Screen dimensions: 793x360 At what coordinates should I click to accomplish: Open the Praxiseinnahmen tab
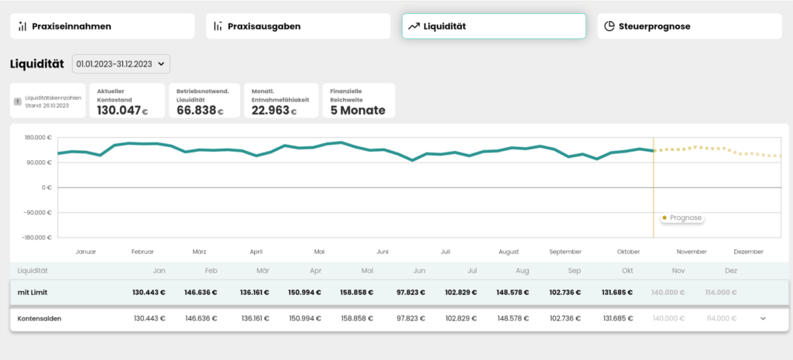(x=102, y=26)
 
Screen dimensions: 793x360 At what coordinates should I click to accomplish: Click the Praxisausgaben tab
(x=298, y=26)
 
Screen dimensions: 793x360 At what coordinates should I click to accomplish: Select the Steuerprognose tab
(x=690, y=26)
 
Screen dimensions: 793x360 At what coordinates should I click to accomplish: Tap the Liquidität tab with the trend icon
(x=494, y=26)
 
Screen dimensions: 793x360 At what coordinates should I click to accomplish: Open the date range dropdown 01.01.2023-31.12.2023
(x=122, y=63)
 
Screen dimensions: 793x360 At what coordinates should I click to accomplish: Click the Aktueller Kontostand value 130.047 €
(x=122, y=110)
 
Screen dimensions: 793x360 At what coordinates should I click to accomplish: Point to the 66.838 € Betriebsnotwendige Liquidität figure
(x=200, y=110)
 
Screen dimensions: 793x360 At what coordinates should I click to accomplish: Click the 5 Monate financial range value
(x=358, y=110)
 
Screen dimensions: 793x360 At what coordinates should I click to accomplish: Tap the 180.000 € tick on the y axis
(x=39, y=138)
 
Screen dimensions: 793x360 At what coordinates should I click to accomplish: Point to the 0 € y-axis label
(x=47, y=187)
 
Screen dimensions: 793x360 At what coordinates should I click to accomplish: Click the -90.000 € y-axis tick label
(x=38, y=212)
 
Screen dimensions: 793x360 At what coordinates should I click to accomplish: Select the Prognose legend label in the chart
(x=686, y=218)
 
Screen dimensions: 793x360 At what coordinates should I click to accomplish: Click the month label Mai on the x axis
(x=319, y=252)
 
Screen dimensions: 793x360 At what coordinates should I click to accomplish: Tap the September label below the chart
(x=565, y=252)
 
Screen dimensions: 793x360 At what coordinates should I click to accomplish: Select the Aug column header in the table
(x=523, y=270)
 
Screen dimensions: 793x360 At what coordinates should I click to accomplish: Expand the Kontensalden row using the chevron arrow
(x=763, y=318)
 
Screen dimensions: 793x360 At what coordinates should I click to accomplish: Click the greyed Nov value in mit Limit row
(x=668, y=293)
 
